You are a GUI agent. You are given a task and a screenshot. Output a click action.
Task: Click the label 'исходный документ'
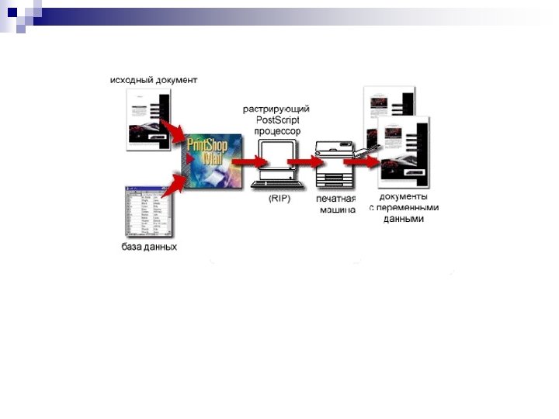(x=154, y=79)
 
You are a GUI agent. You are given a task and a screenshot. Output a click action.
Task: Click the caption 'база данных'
(x=149, y=248)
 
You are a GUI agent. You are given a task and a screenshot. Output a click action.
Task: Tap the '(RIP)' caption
(x=279, y=199)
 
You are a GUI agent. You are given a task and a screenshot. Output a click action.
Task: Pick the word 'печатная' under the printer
(x=335, y=199)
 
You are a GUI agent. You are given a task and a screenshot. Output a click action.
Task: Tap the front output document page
(x=401, y=152)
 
